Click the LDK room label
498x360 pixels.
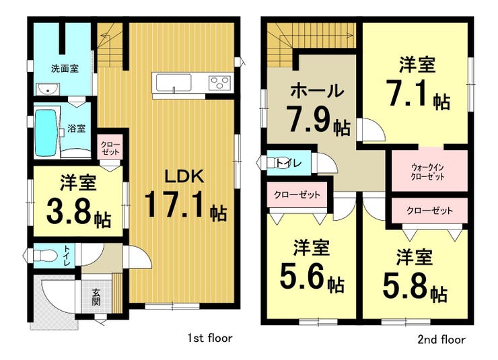pos(184,176)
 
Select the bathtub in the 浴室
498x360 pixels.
pos(46,133)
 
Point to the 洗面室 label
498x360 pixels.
pos(65,68)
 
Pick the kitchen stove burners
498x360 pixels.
pos(219,83)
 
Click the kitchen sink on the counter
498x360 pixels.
pos(173,82)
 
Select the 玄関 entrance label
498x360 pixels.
pos(96,297)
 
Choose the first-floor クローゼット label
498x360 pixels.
pos(110,148)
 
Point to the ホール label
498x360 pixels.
pos(317,91)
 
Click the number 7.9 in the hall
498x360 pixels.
pos(310,119)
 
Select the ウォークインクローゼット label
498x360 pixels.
pos(427,172)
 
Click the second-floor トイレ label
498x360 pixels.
pos(289,163)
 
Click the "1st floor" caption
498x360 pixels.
pos(209,338)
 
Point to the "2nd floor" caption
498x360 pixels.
pos(441,340)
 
